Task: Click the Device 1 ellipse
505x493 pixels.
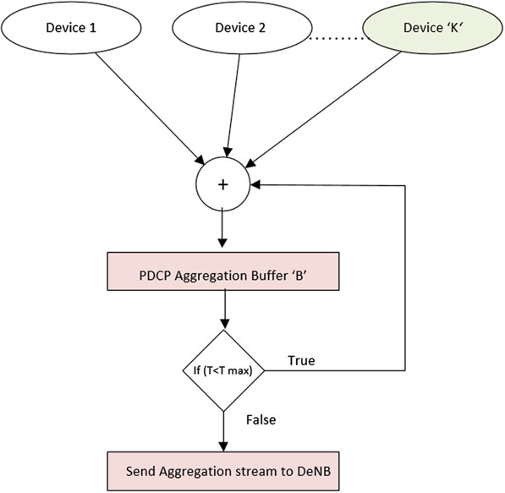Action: click(71, 28)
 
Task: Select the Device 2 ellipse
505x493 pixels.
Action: click(242, 28)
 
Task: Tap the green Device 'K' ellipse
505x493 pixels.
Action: click(432, 28)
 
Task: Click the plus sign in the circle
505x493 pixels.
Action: click(222, 184)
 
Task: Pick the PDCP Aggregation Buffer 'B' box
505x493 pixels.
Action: click(222, 271)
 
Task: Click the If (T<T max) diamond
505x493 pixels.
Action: click(223, 370)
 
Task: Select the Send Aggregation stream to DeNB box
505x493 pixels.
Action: click(222, 471)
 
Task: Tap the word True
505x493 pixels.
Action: click(301, 360)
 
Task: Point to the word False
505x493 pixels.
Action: click(261, 420)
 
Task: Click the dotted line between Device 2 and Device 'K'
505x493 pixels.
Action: click(339, 39)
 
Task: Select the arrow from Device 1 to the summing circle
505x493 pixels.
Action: click(150, 108)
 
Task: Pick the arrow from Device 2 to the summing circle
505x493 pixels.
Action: click(233, 106)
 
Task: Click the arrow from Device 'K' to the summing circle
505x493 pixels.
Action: click(323, 109)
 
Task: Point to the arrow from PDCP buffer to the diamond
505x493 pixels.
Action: click(225, 309)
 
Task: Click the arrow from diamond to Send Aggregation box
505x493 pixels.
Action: click(223, 431)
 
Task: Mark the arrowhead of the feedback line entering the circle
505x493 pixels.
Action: click(255, 185)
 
